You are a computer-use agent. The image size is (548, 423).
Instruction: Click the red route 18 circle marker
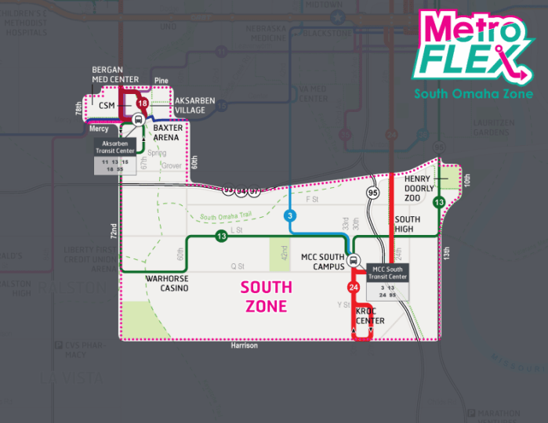point(142,103)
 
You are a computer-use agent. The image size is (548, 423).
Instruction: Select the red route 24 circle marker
point(354,289)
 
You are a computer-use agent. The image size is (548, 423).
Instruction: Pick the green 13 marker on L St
point(222,237)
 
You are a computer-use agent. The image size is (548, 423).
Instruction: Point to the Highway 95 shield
point(373,193)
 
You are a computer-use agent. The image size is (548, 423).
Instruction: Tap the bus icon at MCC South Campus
point(354,261)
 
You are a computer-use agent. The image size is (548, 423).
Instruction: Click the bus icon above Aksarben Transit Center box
point(137,120)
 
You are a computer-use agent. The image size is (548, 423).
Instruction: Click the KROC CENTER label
point(370,316)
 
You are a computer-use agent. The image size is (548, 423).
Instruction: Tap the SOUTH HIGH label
point(408,225)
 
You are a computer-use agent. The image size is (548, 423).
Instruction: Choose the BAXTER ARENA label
point(168,132)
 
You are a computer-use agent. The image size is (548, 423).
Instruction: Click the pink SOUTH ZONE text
point(266,296)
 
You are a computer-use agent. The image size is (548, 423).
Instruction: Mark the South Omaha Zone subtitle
point(474,94)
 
